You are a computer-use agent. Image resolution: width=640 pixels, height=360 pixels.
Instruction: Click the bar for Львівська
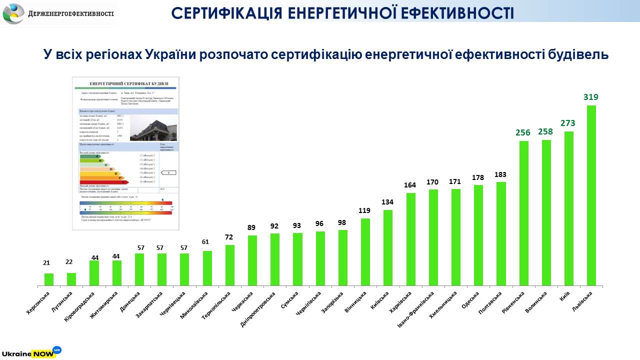591,195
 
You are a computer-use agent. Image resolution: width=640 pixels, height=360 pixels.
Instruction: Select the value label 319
591,97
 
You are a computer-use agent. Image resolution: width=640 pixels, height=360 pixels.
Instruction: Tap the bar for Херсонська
49,279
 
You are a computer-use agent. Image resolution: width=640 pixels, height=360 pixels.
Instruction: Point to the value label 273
568,123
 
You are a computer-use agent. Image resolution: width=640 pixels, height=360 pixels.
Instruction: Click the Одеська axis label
471,300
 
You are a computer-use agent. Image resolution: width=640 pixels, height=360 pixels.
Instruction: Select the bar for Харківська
410,239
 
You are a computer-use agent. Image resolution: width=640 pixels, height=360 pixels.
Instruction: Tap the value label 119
365,210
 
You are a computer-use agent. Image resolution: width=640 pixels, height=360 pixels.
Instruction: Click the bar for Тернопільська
229,265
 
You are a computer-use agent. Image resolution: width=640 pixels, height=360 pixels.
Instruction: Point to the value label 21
46,262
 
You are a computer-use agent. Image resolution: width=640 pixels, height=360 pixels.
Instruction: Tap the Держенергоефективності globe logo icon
13,13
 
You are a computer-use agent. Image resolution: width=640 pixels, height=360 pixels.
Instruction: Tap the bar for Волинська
546,213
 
